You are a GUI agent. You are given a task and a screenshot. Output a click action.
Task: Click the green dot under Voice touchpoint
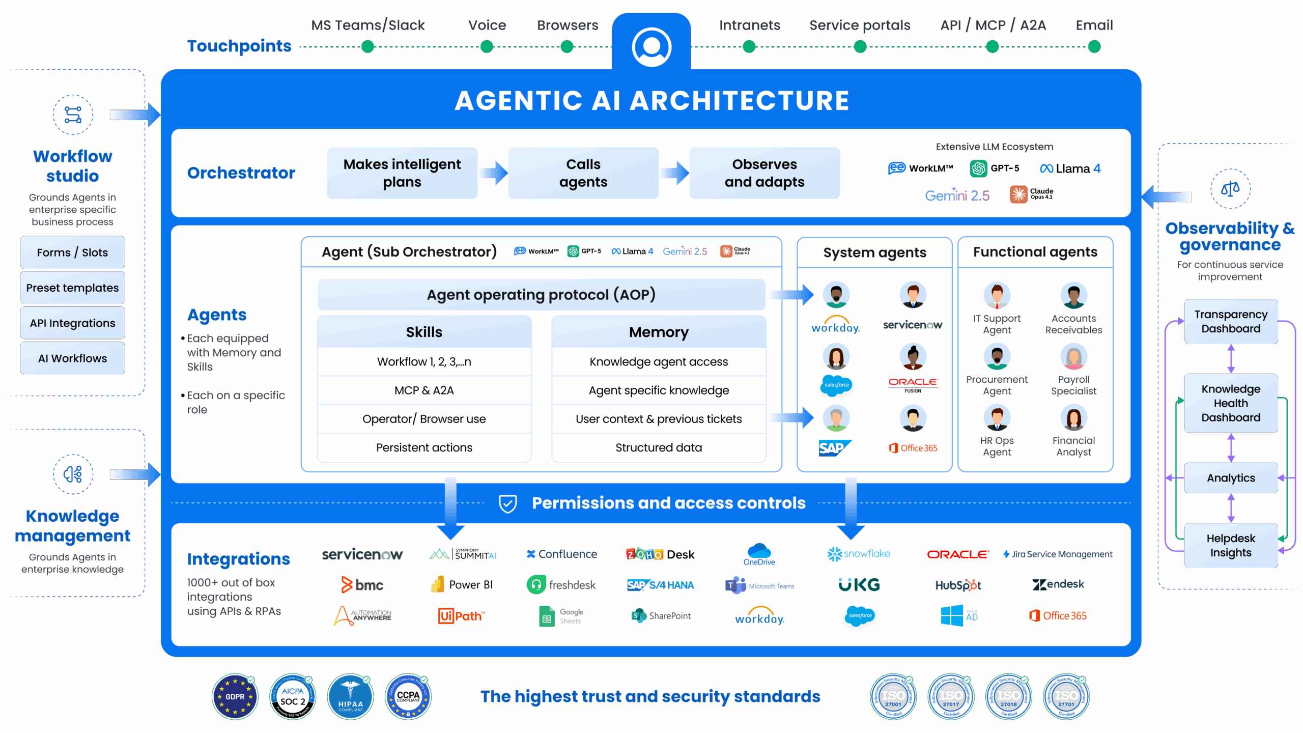(x=487, y=47)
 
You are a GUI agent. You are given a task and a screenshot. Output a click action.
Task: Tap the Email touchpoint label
(x=1094, y=25)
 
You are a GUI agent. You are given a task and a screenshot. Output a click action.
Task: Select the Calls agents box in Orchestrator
(x=583, y=173)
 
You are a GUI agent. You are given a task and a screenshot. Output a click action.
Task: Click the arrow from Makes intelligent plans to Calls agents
(x=493, y=173)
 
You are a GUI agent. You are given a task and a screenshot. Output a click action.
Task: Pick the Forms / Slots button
(x=72, y=252)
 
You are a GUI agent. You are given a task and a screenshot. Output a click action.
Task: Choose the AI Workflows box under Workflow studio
(x=72, y=358)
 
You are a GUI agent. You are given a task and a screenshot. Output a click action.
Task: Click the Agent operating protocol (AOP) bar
(x=541, y=295)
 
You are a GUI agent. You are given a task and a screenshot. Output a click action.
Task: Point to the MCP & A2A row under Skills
(x=424, y=390)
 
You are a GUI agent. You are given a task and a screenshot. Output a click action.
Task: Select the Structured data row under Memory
(x=659, y=447)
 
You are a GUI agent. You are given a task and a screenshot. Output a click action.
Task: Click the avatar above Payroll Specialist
(x=1073, y=357)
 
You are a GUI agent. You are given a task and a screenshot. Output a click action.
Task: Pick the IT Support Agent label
(x=997, y=324)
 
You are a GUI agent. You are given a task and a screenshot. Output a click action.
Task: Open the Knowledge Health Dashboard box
(x=1231, y=403)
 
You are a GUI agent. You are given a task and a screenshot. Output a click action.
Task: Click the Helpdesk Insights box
(x=1231, y=545)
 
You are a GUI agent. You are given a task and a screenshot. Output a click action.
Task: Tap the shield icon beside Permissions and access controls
(x=507, y=503)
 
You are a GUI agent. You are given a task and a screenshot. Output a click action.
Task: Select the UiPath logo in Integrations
(x=461, y=616)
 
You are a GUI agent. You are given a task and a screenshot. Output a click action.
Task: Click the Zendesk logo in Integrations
(x=1058, y=584)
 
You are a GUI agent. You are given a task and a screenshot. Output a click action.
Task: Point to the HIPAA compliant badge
(x=351, y=697)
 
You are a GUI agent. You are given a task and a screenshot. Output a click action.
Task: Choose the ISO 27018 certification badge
(x=1008, y=697)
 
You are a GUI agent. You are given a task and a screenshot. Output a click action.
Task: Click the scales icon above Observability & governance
(x=1230, y=189)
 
